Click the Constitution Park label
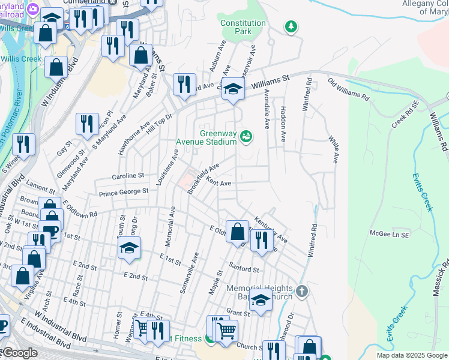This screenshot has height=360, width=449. [x=243, y=28]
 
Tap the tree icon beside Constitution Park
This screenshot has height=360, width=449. [x=291, y=26]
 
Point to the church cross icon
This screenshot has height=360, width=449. [x=302, y=292]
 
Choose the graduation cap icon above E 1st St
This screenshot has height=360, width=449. [x=129, y=248]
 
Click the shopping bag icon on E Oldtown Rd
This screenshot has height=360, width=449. [x=238, y=231]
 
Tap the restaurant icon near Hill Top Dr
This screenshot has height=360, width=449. [x=184, y=83]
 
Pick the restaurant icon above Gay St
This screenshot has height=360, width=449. [x=87, y=124]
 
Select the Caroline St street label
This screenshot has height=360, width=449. [x=128, y=176]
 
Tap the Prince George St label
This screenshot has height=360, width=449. [x=124, y=191]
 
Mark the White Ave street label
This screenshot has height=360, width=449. [x=334, y=149]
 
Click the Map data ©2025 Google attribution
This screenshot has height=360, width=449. [x=411, y=355]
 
